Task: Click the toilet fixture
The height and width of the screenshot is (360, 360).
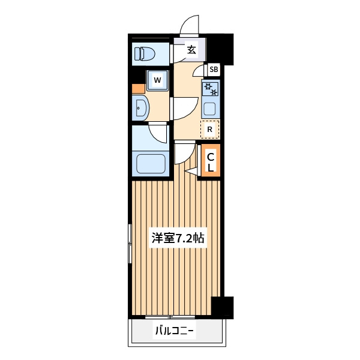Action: (145, 54)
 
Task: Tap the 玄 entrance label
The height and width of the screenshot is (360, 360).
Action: (191, 49)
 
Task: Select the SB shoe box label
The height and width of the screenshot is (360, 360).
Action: (214, 69)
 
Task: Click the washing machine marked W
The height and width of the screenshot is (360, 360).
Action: (157, 80)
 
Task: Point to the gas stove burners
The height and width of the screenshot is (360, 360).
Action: (211, 89)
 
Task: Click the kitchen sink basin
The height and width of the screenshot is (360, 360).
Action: (210, 109)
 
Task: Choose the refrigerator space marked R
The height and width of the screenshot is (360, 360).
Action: (210, 129)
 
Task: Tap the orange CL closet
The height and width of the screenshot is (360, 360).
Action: (211, 160)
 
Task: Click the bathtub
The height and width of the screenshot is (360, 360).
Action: (151, 163)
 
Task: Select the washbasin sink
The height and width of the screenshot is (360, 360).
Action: (140, 108)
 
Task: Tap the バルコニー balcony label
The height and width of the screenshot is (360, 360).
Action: (175, 331)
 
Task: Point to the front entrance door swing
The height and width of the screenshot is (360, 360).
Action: (190, 25)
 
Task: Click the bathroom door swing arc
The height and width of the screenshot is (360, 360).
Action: (158, 133)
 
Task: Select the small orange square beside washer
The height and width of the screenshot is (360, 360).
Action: (139, 89)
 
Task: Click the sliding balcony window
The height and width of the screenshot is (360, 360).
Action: (170, 317)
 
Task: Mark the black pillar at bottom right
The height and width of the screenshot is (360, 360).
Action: (222, 308)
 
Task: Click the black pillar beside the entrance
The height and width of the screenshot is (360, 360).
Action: (220, 49)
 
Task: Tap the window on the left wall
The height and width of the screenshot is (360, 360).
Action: (130, 244)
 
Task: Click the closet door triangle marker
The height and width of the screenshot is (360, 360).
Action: (191, 172)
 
